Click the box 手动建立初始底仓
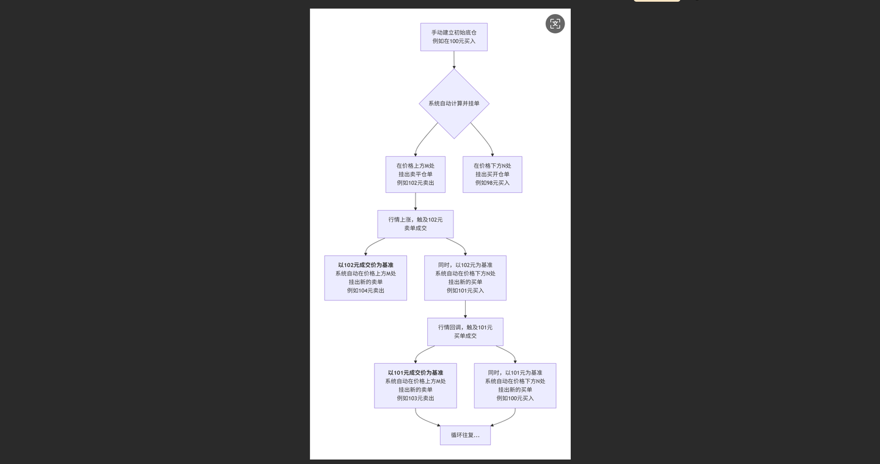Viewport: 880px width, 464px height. click(x=453, y=37)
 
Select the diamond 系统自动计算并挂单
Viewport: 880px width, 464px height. click(x=453, y=103)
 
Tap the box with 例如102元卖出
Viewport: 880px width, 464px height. click(x=415, y=175)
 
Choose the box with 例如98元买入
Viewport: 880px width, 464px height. click(x=492, y=175)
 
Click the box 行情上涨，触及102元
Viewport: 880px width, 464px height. click(x=415, y=224)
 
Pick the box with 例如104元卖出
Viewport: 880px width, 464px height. click(x=365, y=278)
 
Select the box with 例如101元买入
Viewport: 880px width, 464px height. click(x=465, y=278)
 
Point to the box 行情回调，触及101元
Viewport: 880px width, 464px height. click(x=465, y=332)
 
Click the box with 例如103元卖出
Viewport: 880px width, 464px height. click(x=415, y=386)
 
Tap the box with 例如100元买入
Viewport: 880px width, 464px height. click(x=515, y=386)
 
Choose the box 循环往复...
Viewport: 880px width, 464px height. click(x=465, y=435)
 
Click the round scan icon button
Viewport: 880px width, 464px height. click(x=555, y=24)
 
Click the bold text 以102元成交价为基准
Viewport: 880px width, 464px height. click(x=365, y=265)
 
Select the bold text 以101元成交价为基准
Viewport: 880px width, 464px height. click(x=415, y=372)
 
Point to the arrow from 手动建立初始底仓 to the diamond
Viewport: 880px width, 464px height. click(x=454, y=60)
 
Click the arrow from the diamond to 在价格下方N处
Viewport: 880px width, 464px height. click(x=484, y=139)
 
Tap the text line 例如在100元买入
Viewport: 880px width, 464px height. click(x=453, y=41)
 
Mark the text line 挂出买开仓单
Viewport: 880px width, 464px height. click(x=492, y=174)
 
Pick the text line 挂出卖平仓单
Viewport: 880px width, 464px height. click(x=415, y=174)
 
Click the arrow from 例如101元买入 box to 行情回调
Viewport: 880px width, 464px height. click(x=465, y=309)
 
